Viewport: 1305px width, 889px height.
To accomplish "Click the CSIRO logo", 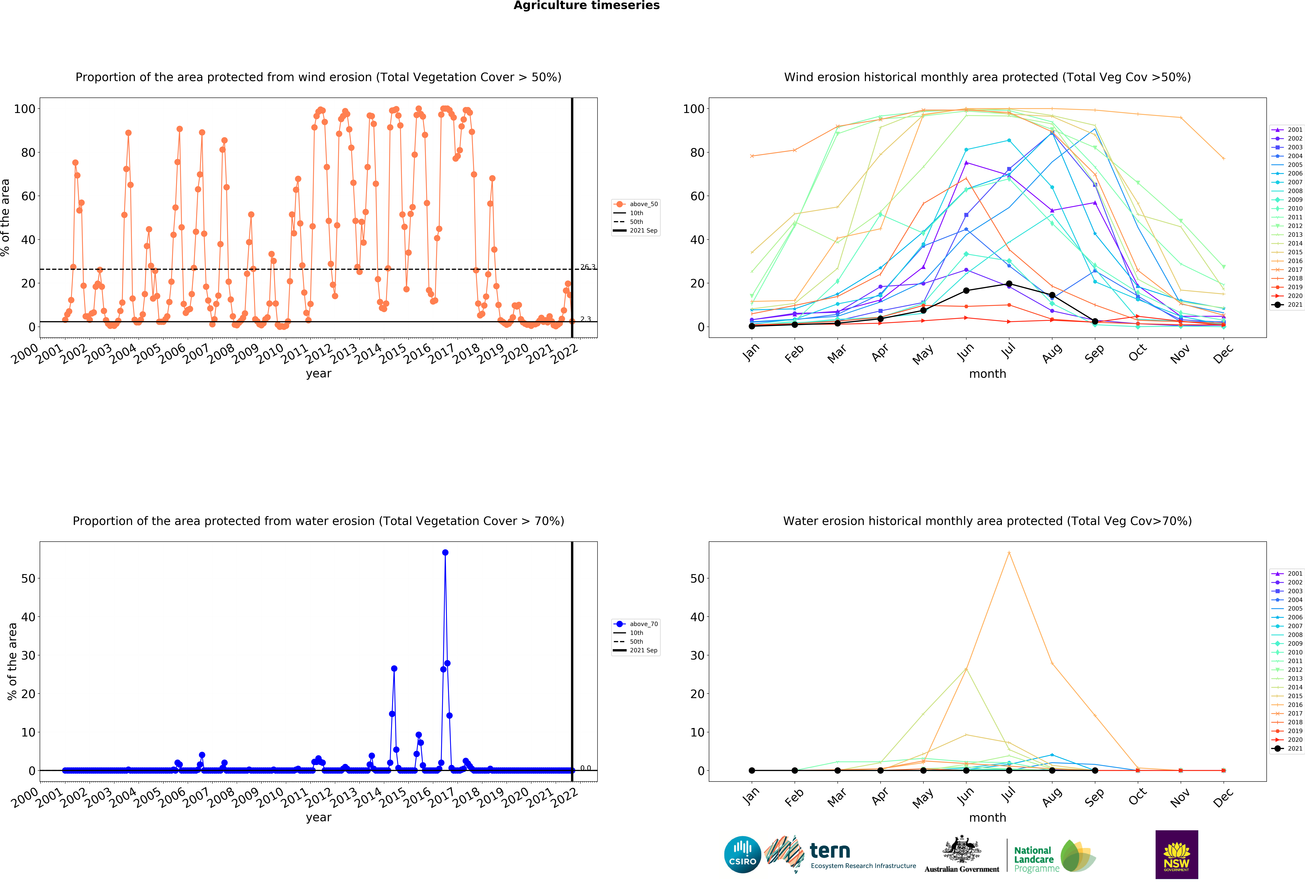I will point(742,855).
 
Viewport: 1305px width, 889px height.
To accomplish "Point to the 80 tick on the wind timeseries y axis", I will point(28,153).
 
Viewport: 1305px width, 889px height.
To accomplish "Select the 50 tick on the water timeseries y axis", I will point(28,579).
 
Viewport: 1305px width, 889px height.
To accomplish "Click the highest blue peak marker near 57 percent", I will point(445,553).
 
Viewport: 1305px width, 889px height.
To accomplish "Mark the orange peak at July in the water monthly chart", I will point(1009,553).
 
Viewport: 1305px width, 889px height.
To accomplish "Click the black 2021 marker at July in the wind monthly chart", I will point(1009,284).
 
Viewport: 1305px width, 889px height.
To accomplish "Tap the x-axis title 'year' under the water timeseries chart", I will point(318,818).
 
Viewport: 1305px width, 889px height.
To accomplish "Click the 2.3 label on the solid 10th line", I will point(586,319).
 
